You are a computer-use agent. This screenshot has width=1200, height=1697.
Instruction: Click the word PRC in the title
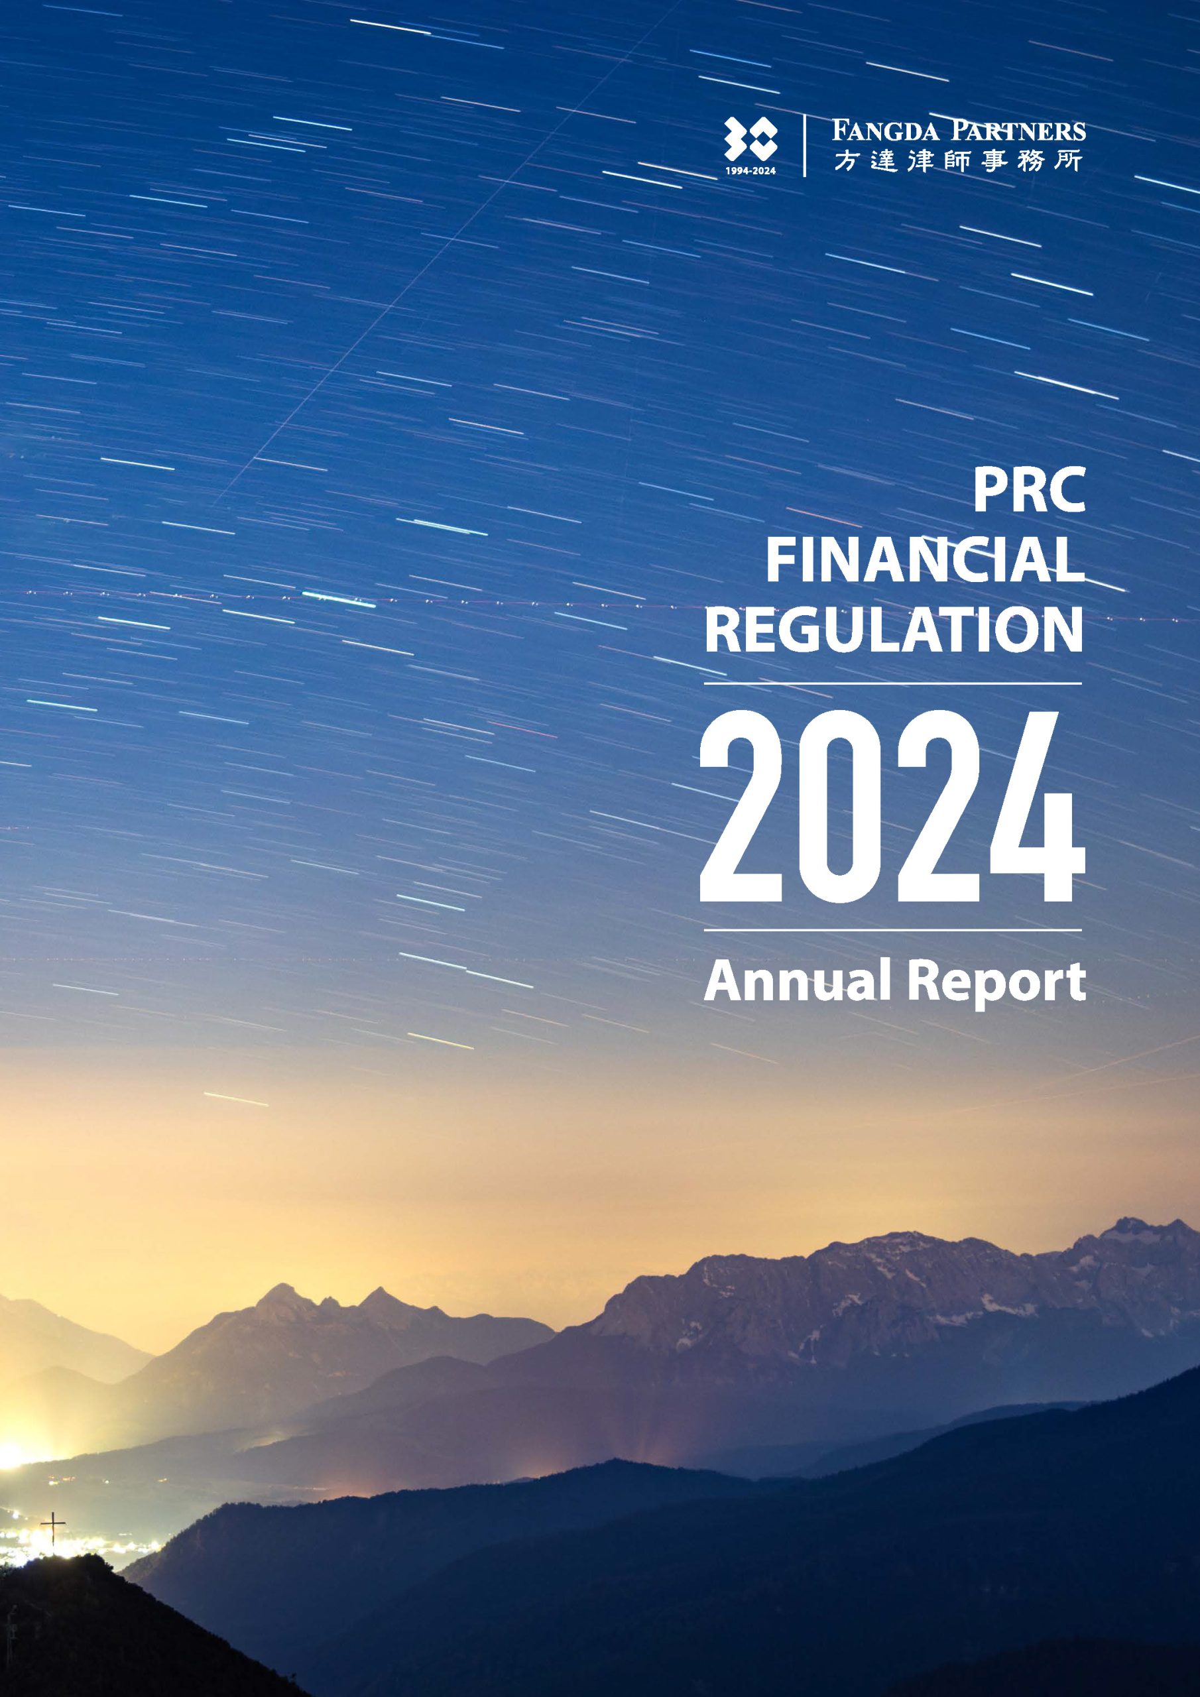[1028, 490]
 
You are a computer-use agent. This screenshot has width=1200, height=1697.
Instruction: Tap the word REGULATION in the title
[894, 630]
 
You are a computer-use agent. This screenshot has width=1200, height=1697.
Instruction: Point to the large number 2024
[892, 807]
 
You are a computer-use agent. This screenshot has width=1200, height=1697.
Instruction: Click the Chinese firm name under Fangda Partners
[959, 160]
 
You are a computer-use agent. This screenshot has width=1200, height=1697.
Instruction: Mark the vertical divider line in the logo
[804, 146]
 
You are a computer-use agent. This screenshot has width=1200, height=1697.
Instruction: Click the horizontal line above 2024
[893, 683]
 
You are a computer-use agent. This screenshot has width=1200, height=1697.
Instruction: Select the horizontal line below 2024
[893, 930]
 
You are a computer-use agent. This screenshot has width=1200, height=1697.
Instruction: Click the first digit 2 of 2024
[743, 807]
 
